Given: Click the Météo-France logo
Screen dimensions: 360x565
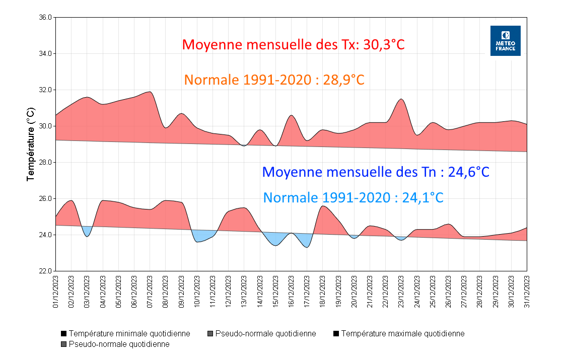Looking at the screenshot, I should pyautogui.click(x=505, y=41).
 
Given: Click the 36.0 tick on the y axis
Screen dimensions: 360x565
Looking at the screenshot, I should pyautogui.click(x=45, y=17).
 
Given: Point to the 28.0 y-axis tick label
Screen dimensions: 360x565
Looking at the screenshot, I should pyautogui.click(x=45, y=162).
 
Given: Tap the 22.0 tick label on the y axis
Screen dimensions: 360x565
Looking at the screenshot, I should pyautogui.click(x=45, y=271).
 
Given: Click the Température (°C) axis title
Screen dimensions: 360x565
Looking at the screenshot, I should pyautogui.click(x=31, y=144).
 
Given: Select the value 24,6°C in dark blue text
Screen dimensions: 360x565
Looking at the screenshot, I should pyautogui.click(x=468, y=172).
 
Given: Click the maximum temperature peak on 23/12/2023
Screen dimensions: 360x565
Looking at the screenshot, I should pyautogui.click(x=401, y=99).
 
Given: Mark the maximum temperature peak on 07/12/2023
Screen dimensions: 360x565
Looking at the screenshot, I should pyautogui.click(x=150, y=92).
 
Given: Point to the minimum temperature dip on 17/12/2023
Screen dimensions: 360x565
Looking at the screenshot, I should pyautogui.click(x=307, y=247).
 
